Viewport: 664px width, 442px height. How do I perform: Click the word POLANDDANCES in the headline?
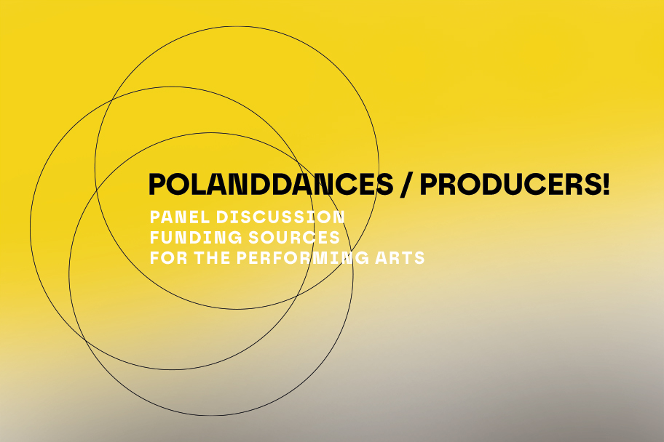pyautogui.click(x=271, y=185)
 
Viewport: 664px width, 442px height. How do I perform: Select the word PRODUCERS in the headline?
pyautogui.click(x=510, y=185)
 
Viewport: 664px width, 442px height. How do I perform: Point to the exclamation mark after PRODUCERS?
pyautogui.click(x=605, y=185)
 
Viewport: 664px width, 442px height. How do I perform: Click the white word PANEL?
pyautogui.click(x=180, y=217)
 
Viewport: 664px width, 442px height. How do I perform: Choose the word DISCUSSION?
pyautogui.click(x=280, y=217)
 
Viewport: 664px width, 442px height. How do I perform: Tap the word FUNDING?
pyautogui.click(x=196, y=237)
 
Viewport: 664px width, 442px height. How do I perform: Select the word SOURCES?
pyautogui.click(x=294, y=237)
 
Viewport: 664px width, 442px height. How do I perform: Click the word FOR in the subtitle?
pyautogui.click(x=168, y=257)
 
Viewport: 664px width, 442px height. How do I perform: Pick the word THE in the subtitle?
pyautogui.click(x=212, y=257)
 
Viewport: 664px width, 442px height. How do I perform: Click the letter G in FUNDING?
pyautogui.click(x=234, y=237)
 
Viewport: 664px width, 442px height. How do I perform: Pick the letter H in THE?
pyautogui.click(x=212, y=257)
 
